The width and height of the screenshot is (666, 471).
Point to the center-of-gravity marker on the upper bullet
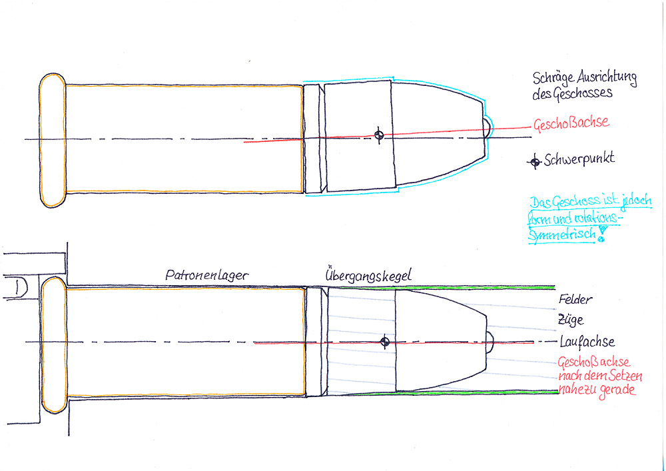click(x=379, y=135)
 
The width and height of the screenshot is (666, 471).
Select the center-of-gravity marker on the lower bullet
click(x=384, y=342)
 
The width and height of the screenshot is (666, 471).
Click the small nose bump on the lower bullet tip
click(x=491, y=342)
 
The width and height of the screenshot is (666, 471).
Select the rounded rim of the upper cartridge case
click(x=52, y=140)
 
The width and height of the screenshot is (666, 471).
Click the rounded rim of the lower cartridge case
click(x=53, y=343)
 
